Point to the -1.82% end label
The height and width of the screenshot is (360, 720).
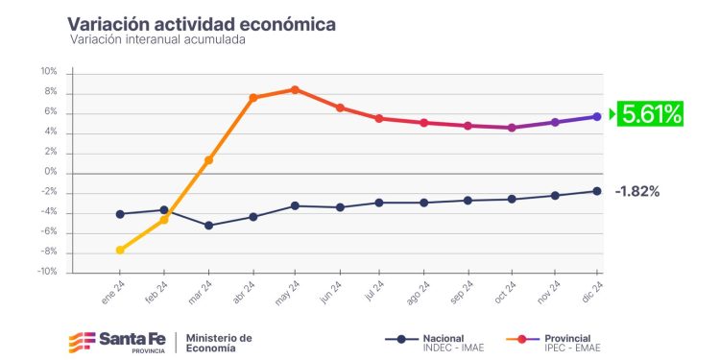637,191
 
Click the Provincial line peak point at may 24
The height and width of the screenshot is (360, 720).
295,89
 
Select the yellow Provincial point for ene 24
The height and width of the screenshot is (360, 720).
120,250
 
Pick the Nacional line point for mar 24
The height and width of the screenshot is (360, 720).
208,226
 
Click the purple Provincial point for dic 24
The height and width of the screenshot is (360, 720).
597,116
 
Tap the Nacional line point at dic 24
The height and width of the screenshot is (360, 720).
597,191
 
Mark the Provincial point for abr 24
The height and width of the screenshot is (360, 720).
252,98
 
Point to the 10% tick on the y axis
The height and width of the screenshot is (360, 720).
49,72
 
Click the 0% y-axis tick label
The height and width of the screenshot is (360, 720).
51,172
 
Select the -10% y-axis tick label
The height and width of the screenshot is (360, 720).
47,272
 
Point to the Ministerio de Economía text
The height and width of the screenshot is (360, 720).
219,342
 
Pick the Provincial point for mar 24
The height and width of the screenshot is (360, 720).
208,160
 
